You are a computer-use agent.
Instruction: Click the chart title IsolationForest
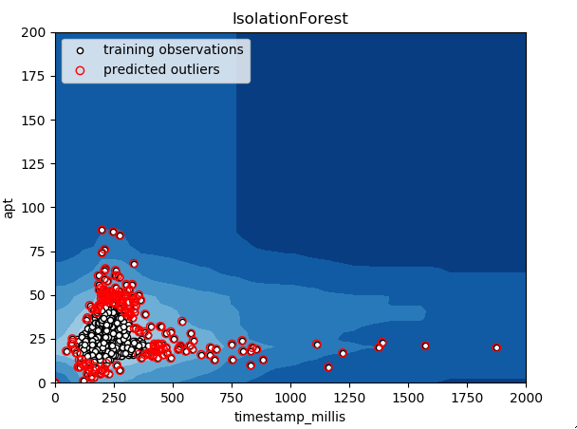[290, 18]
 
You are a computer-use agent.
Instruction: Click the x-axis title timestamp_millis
[290, 417]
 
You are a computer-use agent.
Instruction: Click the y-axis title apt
[9, 208]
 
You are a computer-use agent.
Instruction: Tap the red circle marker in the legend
[80, 70]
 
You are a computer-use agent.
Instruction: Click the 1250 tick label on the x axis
[349, 398]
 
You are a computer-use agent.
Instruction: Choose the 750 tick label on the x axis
[232, 398]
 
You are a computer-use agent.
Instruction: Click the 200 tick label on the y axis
[33, 33]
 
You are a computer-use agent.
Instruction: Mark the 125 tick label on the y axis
[33, 164]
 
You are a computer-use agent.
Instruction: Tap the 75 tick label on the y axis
[37, 252]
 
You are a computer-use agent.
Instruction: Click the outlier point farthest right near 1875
[496, 347]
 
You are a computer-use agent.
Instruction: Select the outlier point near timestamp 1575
[425, 345]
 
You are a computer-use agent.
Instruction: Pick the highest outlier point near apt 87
[102, 230]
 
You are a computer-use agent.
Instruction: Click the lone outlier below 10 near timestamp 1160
[328, 367]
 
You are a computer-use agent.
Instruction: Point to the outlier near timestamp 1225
[343, 353]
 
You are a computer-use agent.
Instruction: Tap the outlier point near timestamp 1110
[317, 345]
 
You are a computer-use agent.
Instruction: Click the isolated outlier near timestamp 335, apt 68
[134, 264]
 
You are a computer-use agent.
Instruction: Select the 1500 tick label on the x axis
[408, 398]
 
